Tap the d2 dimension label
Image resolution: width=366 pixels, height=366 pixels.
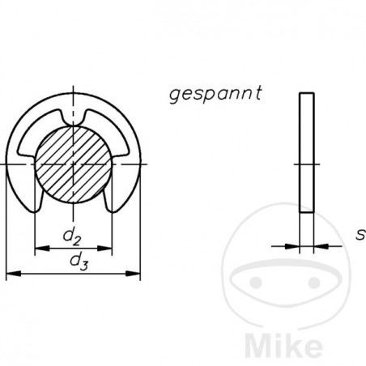coord(72,237)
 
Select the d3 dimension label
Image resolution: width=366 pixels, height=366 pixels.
coord(79,262)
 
